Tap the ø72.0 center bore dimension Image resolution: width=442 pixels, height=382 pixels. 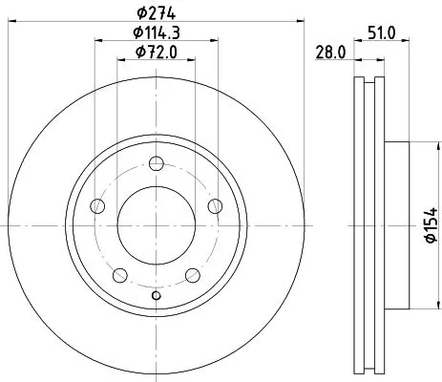tap(157, 53)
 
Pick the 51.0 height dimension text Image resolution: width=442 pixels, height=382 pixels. tap(383, 32)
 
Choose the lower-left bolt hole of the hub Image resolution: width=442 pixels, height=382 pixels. tap(120, 276)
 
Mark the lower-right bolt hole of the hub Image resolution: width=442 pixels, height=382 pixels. tap(192, 276)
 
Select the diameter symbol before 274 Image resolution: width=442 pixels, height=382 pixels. tap(140, 12)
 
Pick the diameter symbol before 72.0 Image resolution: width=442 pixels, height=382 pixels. tap(139, 53)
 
